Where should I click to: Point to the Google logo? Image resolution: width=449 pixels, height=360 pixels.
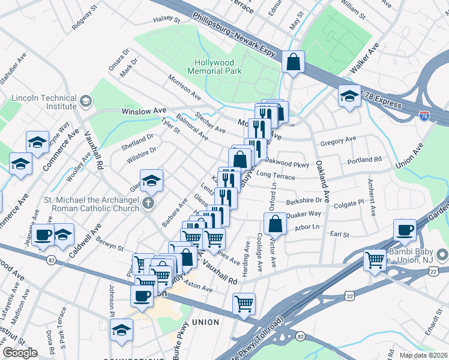click(20, 353)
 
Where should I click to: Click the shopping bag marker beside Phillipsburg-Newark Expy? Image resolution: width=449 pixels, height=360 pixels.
click(293, 62)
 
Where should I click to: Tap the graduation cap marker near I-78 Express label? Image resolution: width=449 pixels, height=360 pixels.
click(349, 95)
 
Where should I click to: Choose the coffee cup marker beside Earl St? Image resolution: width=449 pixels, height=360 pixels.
click(405, 229)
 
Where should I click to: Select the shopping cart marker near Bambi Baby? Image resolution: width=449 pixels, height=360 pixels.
click(375, 260)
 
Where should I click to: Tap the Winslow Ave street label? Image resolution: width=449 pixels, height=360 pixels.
click(144, 111)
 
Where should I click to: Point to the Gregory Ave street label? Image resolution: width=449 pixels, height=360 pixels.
click(339, 141)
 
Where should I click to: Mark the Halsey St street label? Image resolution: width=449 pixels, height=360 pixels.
click(167, 19)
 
